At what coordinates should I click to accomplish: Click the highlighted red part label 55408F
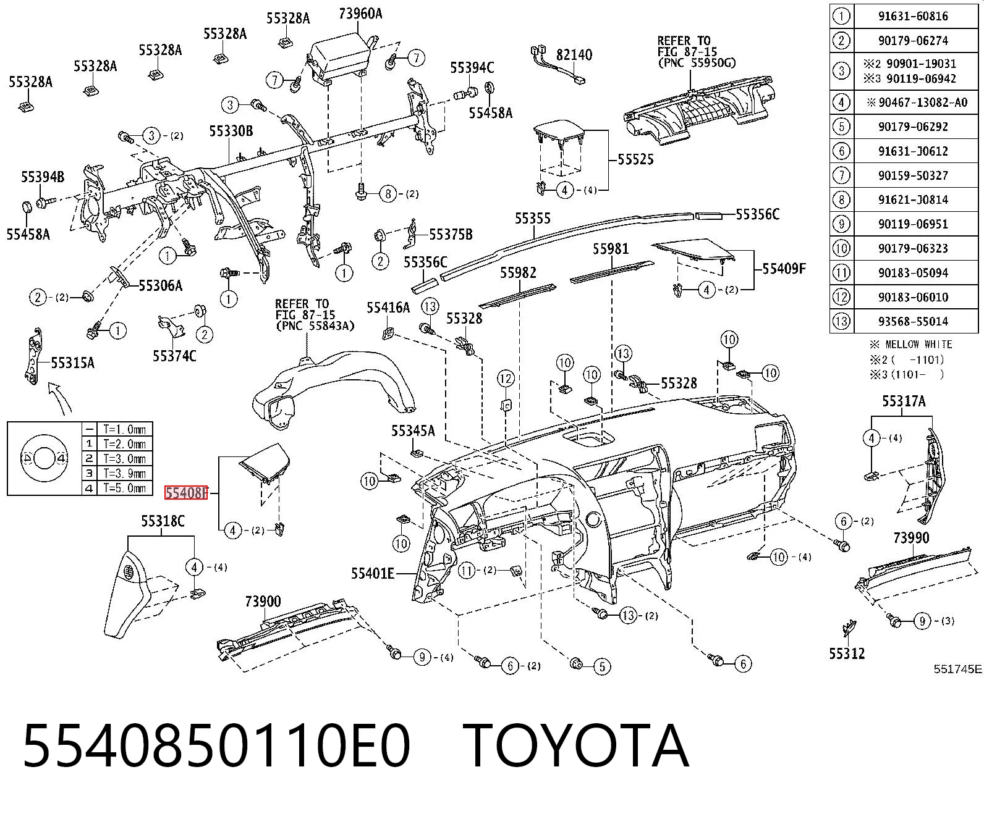click(x=185, y=493)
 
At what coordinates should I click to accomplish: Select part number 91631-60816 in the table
click(x=913, y=16)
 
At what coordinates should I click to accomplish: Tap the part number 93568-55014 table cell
click(x=913, y=321)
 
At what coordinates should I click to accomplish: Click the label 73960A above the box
click(x=360, y=14)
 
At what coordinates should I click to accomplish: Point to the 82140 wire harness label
click(x=574, y=54)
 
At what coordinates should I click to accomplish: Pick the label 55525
click(x=635, y=159)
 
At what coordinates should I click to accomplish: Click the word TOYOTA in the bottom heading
click(x=575, y=745)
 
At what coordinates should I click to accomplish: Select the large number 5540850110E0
click(x=216, y=745)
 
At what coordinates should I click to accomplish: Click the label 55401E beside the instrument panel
click(x=372, y=573)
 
